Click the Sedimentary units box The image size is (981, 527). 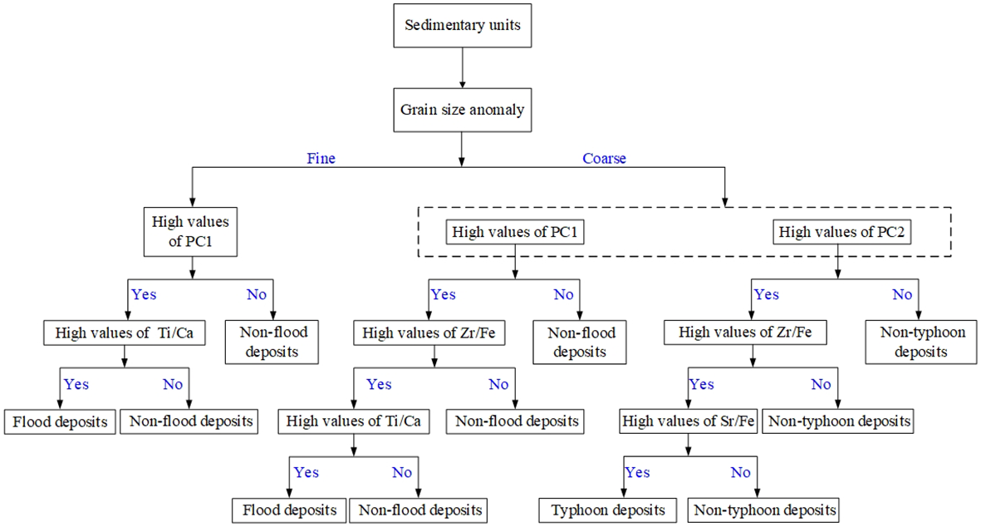click(462, 25)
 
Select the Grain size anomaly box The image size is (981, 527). click(462, 110)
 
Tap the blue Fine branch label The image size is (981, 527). click(321, 159)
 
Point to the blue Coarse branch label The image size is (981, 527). click(604, 159)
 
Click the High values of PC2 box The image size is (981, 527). click(841, 234)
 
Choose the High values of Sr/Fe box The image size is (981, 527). click(689, 421)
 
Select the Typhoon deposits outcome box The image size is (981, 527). click(608, 510)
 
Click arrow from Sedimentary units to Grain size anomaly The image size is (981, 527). click(462, 67)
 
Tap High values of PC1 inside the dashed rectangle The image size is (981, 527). click(515, 234)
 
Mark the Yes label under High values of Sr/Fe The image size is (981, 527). click(637, 472)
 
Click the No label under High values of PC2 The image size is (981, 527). click(902, 294)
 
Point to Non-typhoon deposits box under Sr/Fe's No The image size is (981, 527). click(765, 510)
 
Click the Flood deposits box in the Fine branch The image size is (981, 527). click(60, 421)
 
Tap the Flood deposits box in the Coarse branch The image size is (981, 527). click(289, 510)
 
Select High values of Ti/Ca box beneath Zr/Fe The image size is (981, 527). click(354, 421)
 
